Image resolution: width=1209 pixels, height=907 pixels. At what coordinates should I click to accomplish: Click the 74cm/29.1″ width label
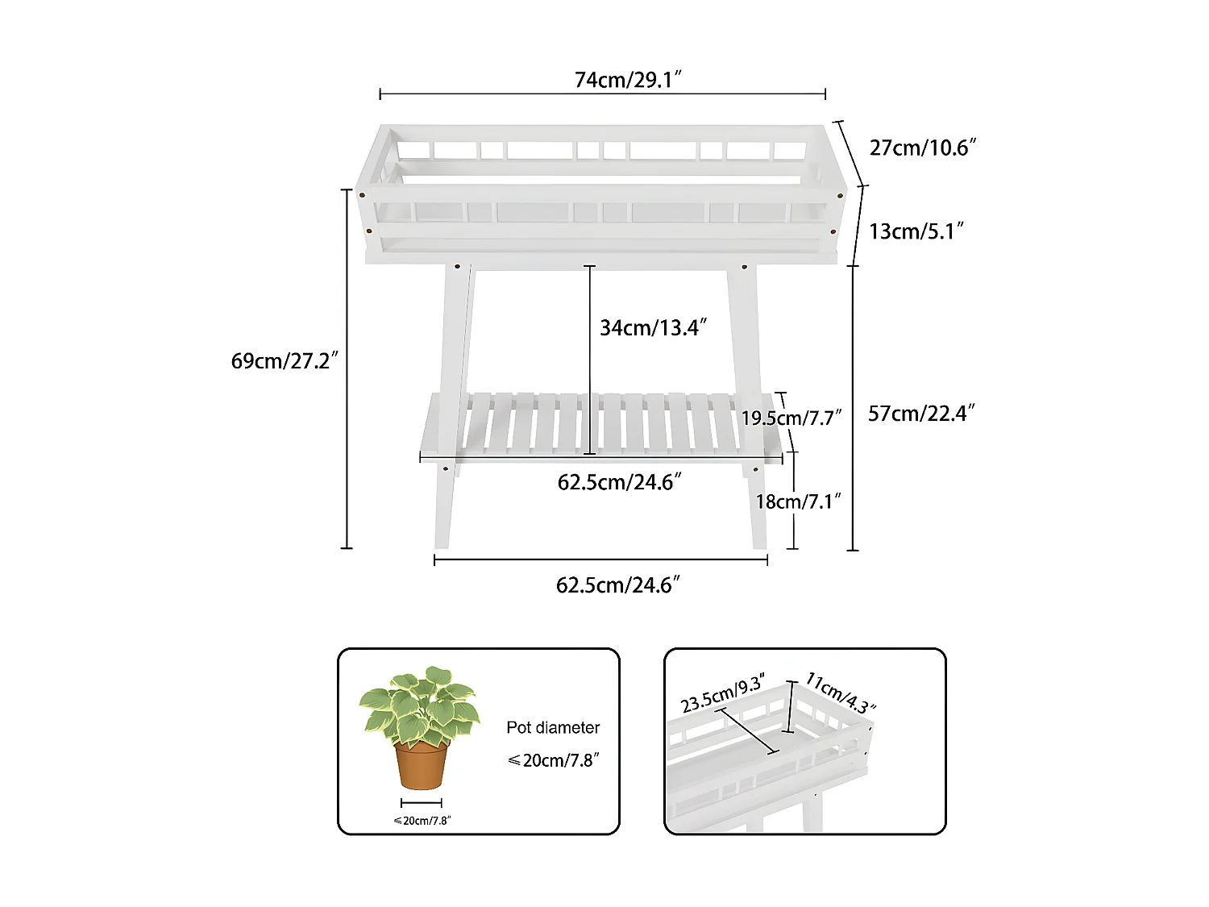click(628, 80)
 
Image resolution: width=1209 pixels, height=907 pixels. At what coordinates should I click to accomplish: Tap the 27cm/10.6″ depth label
click(923, 148)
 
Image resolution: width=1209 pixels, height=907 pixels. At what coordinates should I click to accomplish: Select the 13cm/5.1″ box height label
click(916, 231)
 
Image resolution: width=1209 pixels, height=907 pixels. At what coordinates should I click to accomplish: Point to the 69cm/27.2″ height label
click(285, 360)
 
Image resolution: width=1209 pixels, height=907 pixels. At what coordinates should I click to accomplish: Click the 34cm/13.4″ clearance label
click(653, 327)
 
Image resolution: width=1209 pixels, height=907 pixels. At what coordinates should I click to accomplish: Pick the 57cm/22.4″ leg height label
click(921, 413)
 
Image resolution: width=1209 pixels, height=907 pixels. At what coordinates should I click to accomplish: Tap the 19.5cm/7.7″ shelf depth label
click(791, 418)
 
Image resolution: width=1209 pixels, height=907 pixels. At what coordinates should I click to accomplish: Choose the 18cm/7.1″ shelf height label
click(798, 501)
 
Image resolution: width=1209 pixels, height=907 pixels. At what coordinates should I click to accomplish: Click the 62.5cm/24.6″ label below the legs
click(618, 585)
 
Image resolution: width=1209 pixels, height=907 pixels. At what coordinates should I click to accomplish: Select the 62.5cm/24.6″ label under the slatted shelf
click(620, 482)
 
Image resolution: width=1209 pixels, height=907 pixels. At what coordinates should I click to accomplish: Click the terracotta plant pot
click(421, 765)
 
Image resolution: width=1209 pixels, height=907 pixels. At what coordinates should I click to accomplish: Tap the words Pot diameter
click(553, 727)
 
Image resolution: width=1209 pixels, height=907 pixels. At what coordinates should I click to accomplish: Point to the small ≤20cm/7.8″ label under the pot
click(422, 821)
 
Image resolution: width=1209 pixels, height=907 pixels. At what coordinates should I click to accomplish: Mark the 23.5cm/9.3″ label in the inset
click(723, 694)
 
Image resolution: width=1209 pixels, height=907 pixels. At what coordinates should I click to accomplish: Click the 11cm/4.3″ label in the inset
click(840, 693)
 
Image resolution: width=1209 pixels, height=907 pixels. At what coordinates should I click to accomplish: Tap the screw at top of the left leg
click(457, 267)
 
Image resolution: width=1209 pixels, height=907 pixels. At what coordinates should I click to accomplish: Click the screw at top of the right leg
click(745, 267)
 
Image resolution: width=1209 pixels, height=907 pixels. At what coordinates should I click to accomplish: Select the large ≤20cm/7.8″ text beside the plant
click(553, 760)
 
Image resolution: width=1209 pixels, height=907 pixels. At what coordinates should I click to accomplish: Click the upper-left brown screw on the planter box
click(362, 195)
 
